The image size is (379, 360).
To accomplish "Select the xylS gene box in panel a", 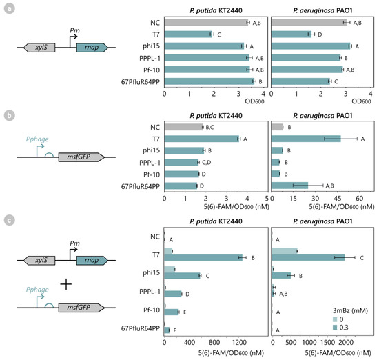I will point(34,48).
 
